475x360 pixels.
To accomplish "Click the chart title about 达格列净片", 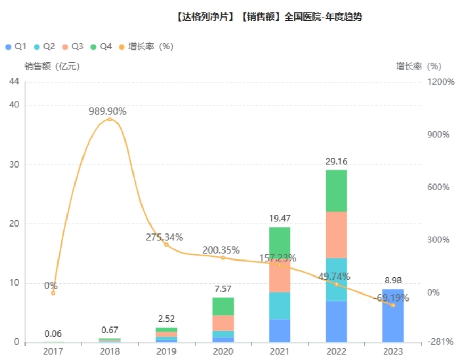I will click(x=269, y=17).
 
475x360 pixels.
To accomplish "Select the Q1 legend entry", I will click(x=16, y=47).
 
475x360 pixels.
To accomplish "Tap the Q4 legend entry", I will click(x=102, y=47).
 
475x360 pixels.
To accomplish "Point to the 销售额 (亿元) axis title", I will click(x=52, y=66).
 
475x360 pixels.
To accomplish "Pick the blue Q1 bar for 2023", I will click(x=393, y=315).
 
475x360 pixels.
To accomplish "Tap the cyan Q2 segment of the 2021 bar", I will click(x=280, y=306).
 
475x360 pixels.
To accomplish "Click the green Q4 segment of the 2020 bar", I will click(x=223, y=306).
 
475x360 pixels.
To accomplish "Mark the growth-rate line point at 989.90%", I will click(x=110, y=119).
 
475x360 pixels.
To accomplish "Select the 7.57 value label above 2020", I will click(x=223, y=289).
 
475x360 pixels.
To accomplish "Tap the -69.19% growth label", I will click(x=391, y=298).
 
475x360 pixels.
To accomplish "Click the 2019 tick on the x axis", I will click(x=166, y=351).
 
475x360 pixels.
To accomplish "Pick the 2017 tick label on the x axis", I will click(x=53, y=351).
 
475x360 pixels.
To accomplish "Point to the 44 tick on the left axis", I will click(x=14, y=81).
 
